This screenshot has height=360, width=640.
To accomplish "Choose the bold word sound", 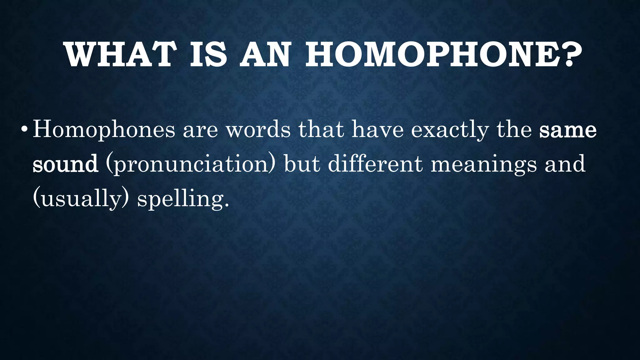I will [x=65, y=164].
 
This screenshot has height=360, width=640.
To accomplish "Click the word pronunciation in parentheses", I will [x=191, y=164].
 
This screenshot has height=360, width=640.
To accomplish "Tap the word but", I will [x=302, y=164].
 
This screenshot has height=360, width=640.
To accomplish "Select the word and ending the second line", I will [x=565, y=164].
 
